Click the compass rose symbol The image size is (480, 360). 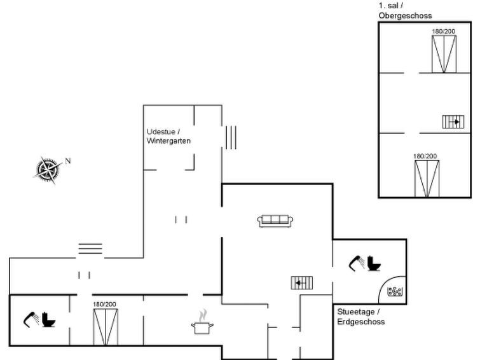[x=48, y=169]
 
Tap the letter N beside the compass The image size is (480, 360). [x=67, y=161]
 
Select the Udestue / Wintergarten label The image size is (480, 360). [x=168, y=136]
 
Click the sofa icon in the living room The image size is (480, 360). [x=275, y=221]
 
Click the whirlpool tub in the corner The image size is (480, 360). [x=395, y=291]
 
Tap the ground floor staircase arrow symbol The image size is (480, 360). [x=302, y=283]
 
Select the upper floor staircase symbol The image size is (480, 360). [x=453, y=121]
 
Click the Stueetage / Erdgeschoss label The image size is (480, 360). [x=361, y=317]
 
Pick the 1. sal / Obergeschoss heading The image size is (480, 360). [x=405, y=11]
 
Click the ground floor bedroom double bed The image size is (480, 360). [x=106, y=327]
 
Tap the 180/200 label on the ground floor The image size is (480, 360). [x=105, y=304]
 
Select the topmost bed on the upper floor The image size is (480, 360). [x=444, y=54]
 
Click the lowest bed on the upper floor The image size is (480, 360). [x=427, y=179]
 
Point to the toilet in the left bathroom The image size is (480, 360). [x=48, y=319]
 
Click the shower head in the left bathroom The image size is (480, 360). [x=31, y=319]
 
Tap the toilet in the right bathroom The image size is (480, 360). [x=373, y=263]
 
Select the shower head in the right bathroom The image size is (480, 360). [x=357, y=263]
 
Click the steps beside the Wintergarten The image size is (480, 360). [x=231, y=137]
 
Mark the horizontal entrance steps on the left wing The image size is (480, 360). [x=90, y=249]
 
